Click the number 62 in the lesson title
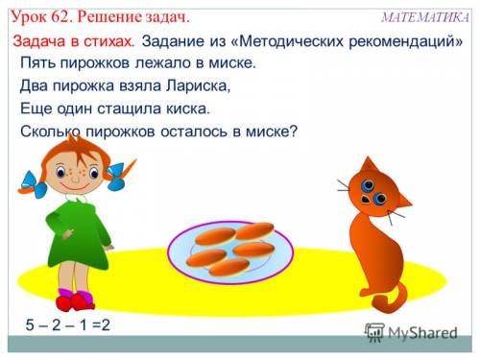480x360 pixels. coord(60,17)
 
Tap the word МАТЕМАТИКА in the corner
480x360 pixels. coord(425,17)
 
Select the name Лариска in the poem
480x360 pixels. coord(198,85)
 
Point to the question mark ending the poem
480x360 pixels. coord(294,131)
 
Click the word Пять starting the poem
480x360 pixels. coord(38,62)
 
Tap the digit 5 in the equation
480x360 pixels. coord(30,324)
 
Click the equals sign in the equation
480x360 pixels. coord(96,325)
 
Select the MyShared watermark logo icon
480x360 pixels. coord(374,333)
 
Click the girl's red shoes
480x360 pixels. coord(75,301)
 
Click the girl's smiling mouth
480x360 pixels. coord(75,186)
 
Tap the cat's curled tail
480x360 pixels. coord(389,300)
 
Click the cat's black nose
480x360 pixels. coord(365,200)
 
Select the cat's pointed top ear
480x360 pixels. coord(368,165)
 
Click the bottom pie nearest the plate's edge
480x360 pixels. coord(228,268)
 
